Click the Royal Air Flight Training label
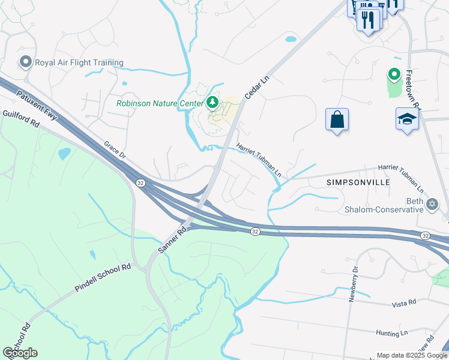[79, 62]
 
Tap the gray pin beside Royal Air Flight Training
[25, 62]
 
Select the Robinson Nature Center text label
[160, 103]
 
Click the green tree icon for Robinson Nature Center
[211, 103]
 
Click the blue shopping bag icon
[337, 119]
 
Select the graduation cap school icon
[407, 119]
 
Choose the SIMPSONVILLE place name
[358, 182]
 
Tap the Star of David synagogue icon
[432, 205]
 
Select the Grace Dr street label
[115, 151]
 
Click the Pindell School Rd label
[103, 277]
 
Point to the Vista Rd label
[404, 304]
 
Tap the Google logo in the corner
[20, 353]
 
